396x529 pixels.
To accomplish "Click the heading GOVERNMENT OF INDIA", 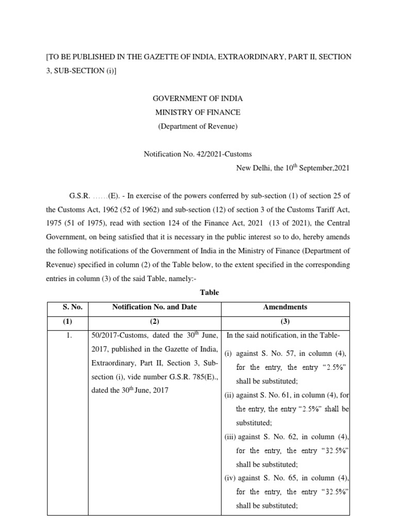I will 198,99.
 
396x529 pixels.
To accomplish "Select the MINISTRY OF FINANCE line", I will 198,112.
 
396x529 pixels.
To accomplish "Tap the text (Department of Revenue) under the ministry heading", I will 198,126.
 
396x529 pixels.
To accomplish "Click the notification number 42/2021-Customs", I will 197,153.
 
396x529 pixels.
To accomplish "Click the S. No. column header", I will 67,307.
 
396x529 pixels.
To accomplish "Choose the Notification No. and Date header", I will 154,307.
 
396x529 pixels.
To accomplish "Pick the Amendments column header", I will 285,307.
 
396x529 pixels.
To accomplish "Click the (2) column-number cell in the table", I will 154,321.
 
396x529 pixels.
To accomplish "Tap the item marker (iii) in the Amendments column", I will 230,437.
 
